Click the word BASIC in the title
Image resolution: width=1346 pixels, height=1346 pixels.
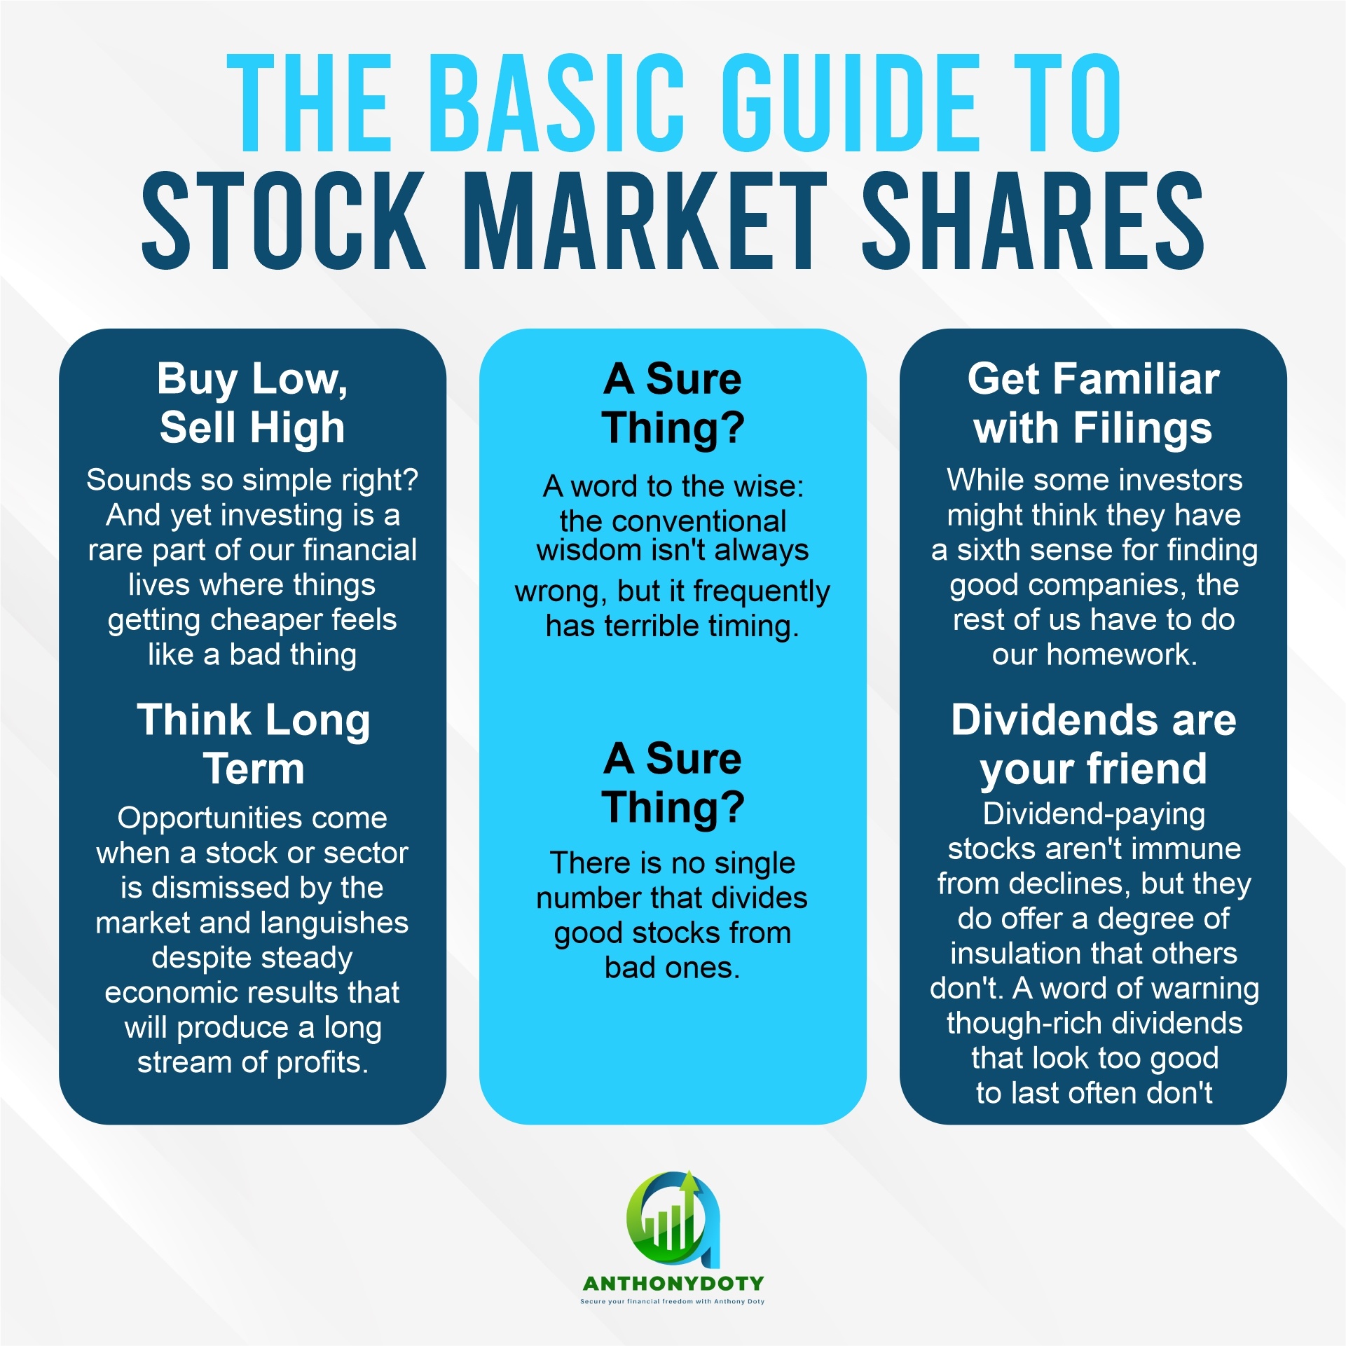point(556,103)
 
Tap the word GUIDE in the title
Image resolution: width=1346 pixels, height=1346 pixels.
point(849,103)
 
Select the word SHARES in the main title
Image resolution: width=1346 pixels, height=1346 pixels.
point(1033,221)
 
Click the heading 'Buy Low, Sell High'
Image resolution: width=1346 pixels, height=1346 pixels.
point(252,403)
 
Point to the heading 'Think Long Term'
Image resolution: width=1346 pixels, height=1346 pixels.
point(253,744)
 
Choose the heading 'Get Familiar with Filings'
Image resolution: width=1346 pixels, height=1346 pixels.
point(1093,403)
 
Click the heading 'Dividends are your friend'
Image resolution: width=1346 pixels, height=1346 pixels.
point(1093,744)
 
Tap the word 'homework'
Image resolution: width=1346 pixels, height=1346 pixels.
point(1120,654)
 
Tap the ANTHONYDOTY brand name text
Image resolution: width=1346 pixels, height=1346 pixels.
point(673,1284)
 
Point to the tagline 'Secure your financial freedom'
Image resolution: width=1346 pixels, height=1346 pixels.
point(637,1302)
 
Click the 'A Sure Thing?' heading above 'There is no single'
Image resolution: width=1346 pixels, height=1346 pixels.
point(673,783)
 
